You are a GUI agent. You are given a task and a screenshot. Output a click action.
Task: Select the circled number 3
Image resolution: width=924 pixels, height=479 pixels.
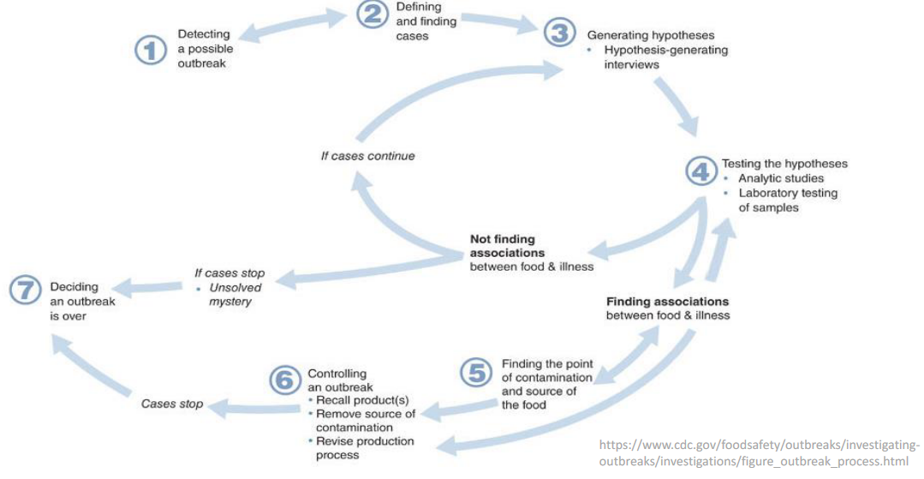558,33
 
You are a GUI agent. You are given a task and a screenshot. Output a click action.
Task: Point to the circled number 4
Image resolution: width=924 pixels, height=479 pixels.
701,171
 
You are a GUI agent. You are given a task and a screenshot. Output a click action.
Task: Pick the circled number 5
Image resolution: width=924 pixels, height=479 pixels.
475,373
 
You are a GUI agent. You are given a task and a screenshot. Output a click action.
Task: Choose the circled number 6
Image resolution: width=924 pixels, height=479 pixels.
285,380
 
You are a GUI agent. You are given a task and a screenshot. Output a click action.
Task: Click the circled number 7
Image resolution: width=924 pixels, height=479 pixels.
25,290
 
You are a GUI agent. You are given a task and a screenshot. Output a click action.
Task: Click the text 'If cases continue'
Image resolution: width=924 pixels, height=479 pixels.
367,156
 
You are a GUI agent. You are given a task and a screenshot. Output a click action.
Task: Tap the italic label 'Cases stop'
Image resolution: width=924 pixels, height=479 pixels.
172,404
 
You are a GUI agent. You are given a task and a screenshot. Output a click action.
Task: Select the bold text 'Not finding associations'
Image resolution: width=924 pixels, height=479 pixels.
507,246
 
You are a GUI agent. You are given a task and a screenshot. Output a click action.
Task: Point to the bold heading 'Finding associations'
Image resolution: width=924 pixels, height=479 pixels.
667,302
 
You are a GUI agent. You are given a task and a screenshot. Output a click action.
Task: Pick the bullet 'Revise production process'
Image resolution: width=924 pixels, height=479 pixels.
365,447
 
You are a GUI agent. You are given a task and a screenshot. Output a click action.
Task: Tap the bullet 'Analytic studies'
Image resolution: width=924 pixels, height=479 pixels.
780,178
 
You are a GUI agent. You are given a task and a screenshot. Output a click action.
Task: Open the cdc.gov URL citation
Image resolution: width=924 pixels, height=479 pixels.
759,452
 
